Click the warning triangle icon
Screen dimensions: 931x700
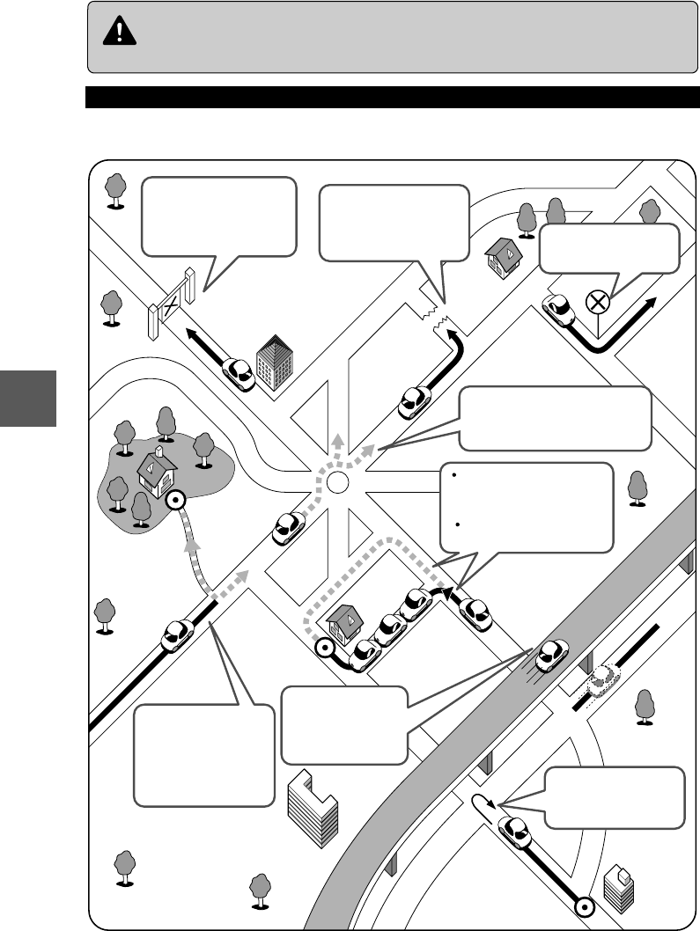point(115,33)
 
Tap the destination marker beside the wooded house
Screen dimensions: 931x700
point(175,501)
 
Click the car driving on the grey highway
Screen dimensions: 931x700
point(552,653)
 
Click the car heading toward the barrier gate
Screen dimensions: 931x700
point(239,373)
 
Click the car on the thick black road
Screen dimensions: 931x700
point(178,633)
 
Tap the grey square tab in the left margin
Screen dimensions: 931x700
point(27,399)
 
